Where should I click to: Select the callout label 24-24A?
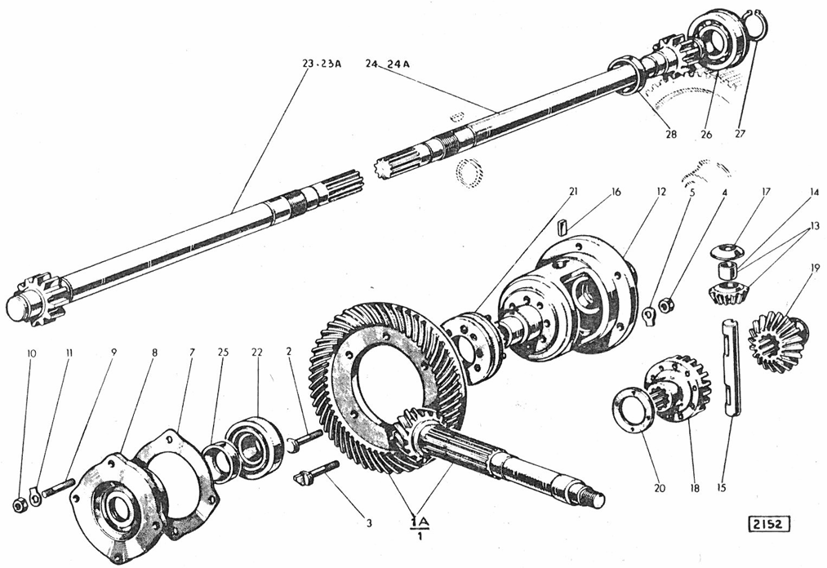(387, 64)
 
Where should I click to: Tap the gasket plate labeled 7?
(180, 481)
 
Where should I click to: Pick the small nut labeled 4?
(667, 305)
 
